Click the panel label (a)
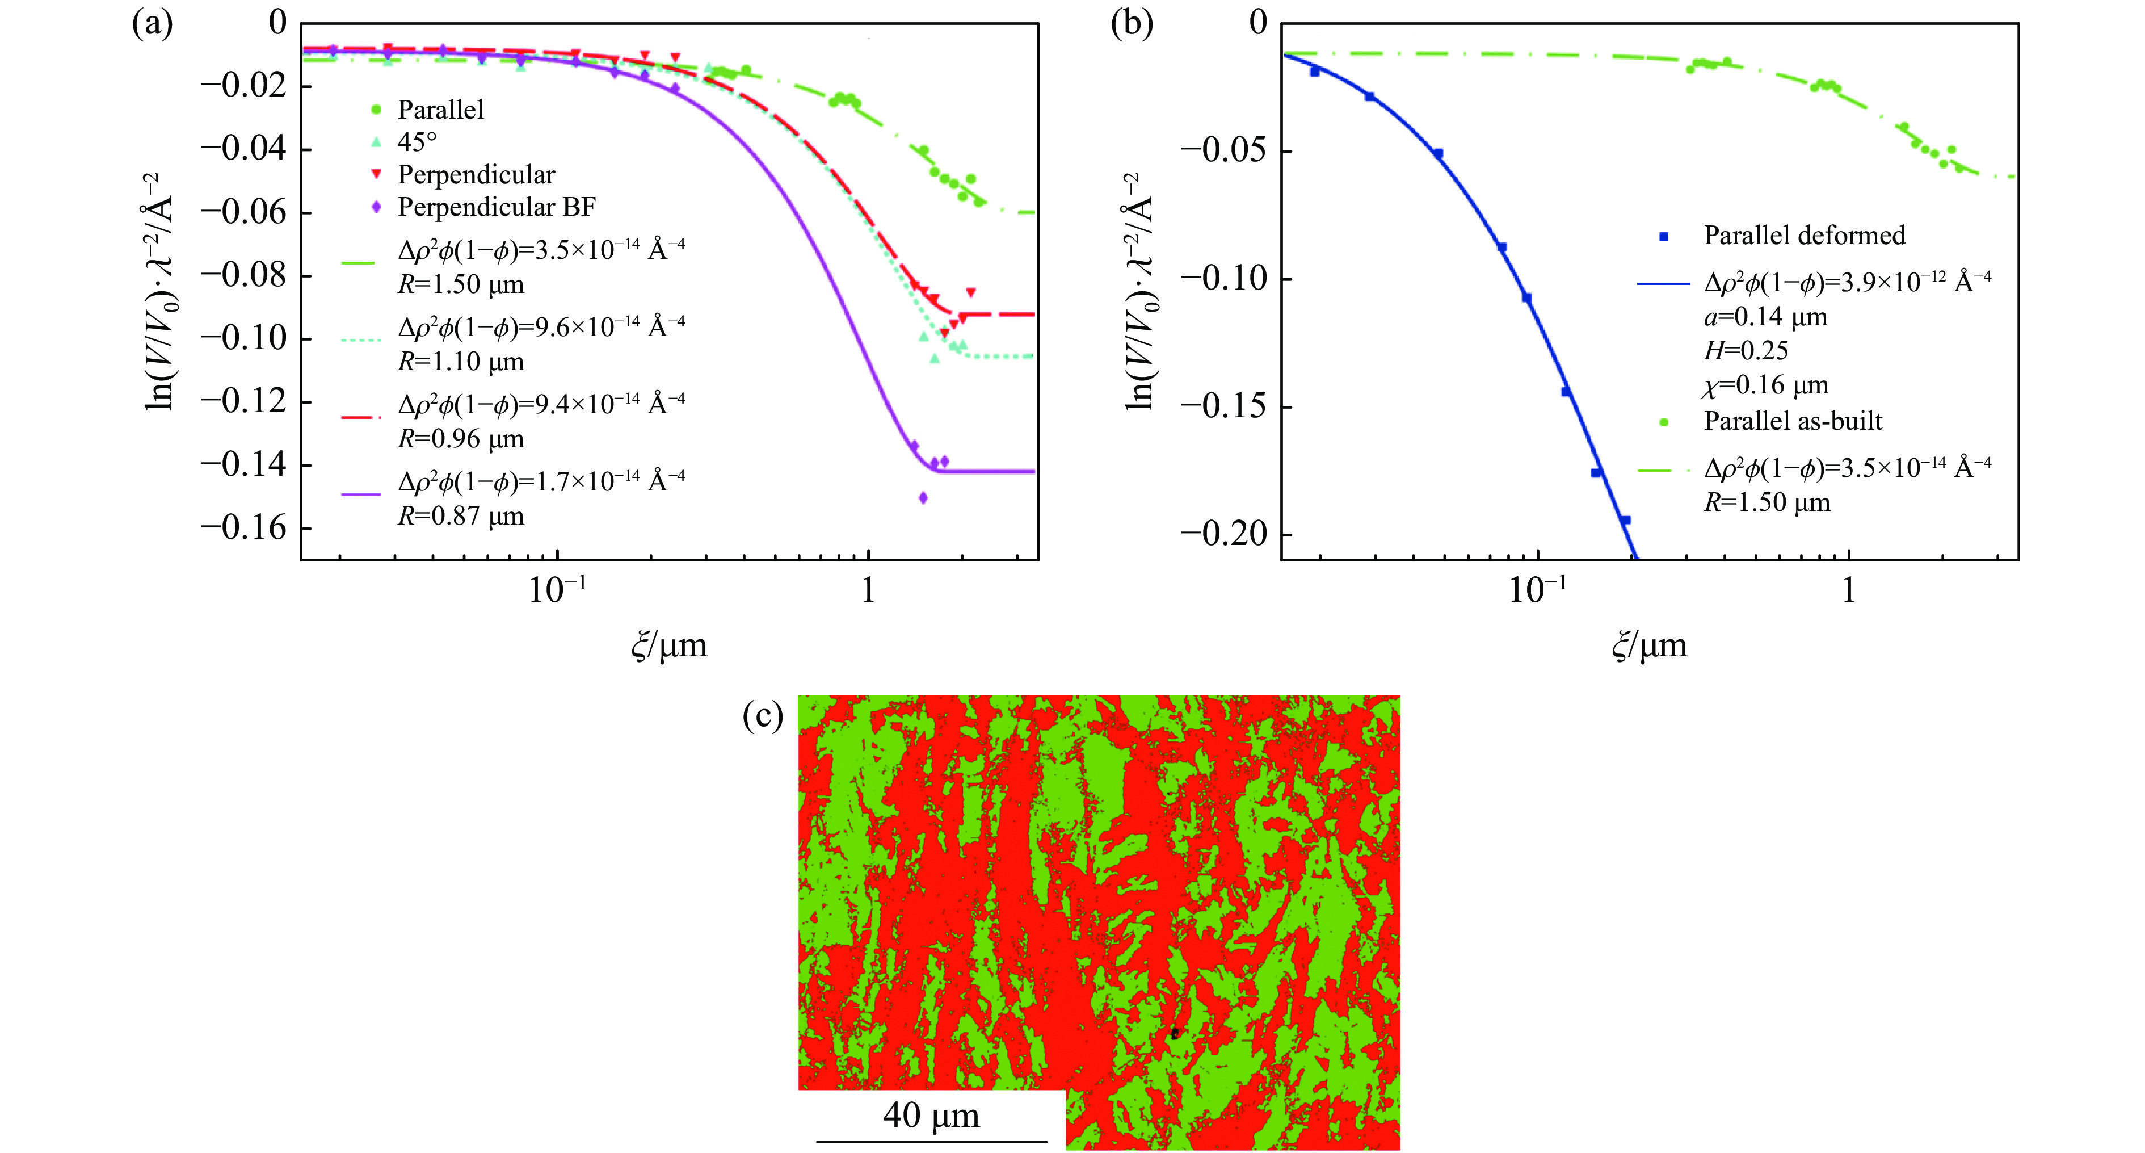coord(153,24)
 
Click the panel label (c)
coord(763,716)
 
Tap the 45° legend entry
coord(417,142)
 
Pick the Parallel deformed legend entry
coord(1803,236)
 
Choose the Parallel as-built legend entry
coord(1792,421)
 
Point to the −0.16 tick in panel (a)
coord(242,527)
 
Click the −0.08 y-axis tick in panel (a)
coord(242,274)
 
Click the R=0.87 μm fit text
coord(460,517)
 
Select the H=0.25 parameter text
coord(1746,351)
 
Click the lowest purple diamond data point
coord(923,498)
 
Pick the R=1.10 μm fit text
coord(460,362)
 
